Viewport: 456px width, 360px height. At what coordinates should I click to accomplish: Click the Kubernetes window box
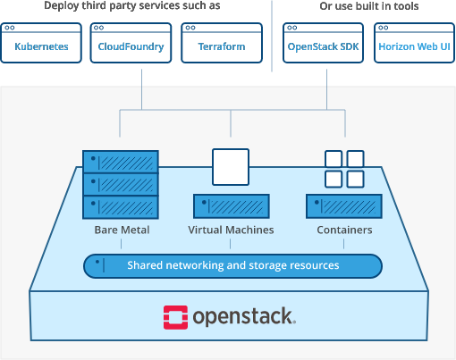tap(41, 43)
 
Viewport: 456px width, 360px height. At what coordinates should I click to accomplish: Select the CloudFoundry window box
tap(131, 43)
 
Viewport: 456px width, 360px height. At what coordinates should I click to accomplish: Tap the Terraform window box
tap(222, 43)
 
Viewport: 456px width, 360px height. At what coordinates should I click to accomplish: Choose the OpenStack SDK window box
tap(323, 43)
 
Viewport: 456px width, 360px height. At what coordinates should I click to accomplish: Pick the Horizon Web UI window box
tap(414, 43)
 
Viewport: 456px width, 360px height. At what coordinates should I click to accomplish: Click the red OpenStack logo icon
tap(175, 317)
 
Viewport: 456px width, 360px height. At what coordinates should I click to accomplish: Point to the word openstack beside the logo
tap(244, 317)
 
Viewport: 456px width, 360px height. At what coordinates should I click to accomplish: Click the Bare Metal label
tap(122, 230)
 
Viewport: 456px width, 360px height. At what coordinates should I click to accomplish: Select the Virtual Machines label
tap(231, 230)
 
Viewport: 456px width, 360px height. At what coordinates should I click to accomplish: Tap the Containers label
tap(344, 230)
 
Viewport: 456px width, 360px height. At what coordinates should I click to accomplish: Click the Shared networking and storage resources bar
tap(232, 266)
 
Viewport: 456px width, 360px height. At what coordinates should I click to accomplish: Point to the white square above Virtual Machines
tap(231, 167)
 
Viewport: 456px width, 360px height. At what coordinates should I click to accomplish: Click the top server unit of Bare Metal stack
tap(121, 162)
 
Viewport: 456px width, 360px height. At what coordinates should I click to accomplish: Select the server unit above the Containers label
tap(344, 206)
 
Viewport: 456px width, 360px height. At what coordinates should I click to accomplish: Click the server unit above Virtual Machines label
tap(232, 206)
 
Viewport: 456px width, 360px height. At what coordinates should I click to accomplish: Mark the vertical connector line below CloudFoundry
tap(141, 89)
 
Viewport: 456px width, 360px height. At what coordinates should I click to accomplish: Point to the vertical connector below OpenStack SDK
tap(327, 89)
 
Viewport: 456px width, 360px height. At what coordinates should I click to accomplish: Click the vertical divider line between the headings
tap(272, 36)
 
